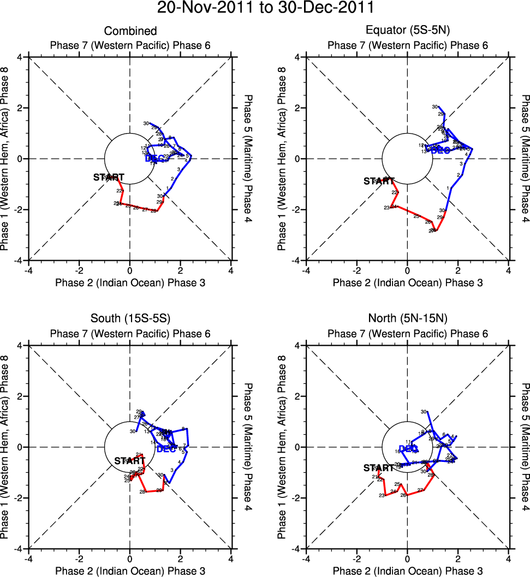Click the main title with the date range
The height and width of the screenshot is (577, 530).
(265, 8)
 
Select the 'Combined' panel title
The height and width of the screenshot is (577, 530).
(130, 31)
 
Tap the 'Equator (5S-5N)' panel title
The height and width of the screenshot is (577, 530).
(407, 31)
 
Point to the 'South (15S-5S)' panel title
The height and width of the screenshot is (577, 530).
(130, 320)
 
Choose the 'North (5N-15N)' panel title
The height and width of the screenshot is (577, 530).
(407, 320)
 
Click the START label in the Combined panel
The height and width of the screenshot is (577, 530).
(109, 177)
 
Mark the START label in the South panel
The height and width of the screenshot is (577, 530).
(129, 461)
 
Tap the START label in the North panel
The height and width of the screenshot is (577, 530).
(378, 468)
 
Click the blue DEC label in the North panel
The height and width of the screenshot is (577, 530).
(408, 449)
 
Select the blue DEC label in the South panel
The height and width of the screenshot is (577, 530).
(166, 449)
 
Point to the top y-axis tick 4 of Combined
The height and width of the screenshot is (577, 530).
(19, 57)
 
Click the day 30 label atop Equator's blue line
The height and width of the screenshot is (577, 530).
(435, 107)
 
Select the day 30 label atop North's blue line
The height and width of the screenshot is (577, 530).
(424, 412)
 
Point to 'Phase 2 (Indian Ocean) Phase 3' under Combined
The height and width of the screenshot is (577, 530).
(130, 283)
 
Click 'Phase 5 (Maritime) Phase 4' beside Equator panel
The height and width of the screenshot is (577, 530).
(525, 159)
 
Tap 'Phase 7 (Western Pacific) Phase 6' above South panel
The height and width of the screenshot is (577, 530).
(130, 334)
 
